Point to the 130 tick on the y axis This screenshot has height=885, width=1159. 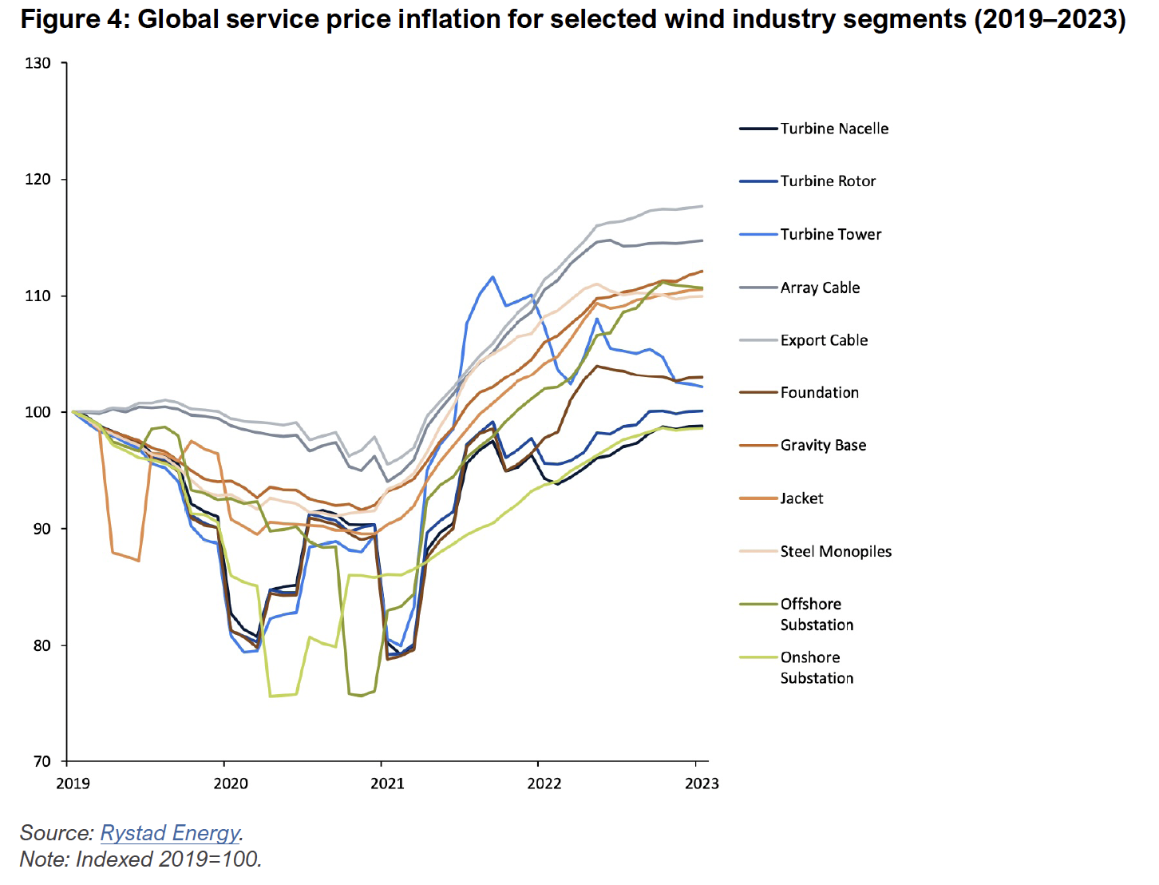tap(38, 63)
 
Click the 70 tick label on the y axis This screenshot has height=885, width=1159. tap(42, 761)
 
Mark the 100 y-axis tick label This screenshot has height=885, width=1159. tap(38, 412)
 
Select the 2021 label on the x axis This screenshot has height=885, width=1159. tap(387, 784)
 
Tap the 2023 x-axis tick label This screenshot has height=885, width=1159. tap(702, 784)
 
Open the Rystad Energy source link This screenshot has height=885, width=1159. tap(170, 833)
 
